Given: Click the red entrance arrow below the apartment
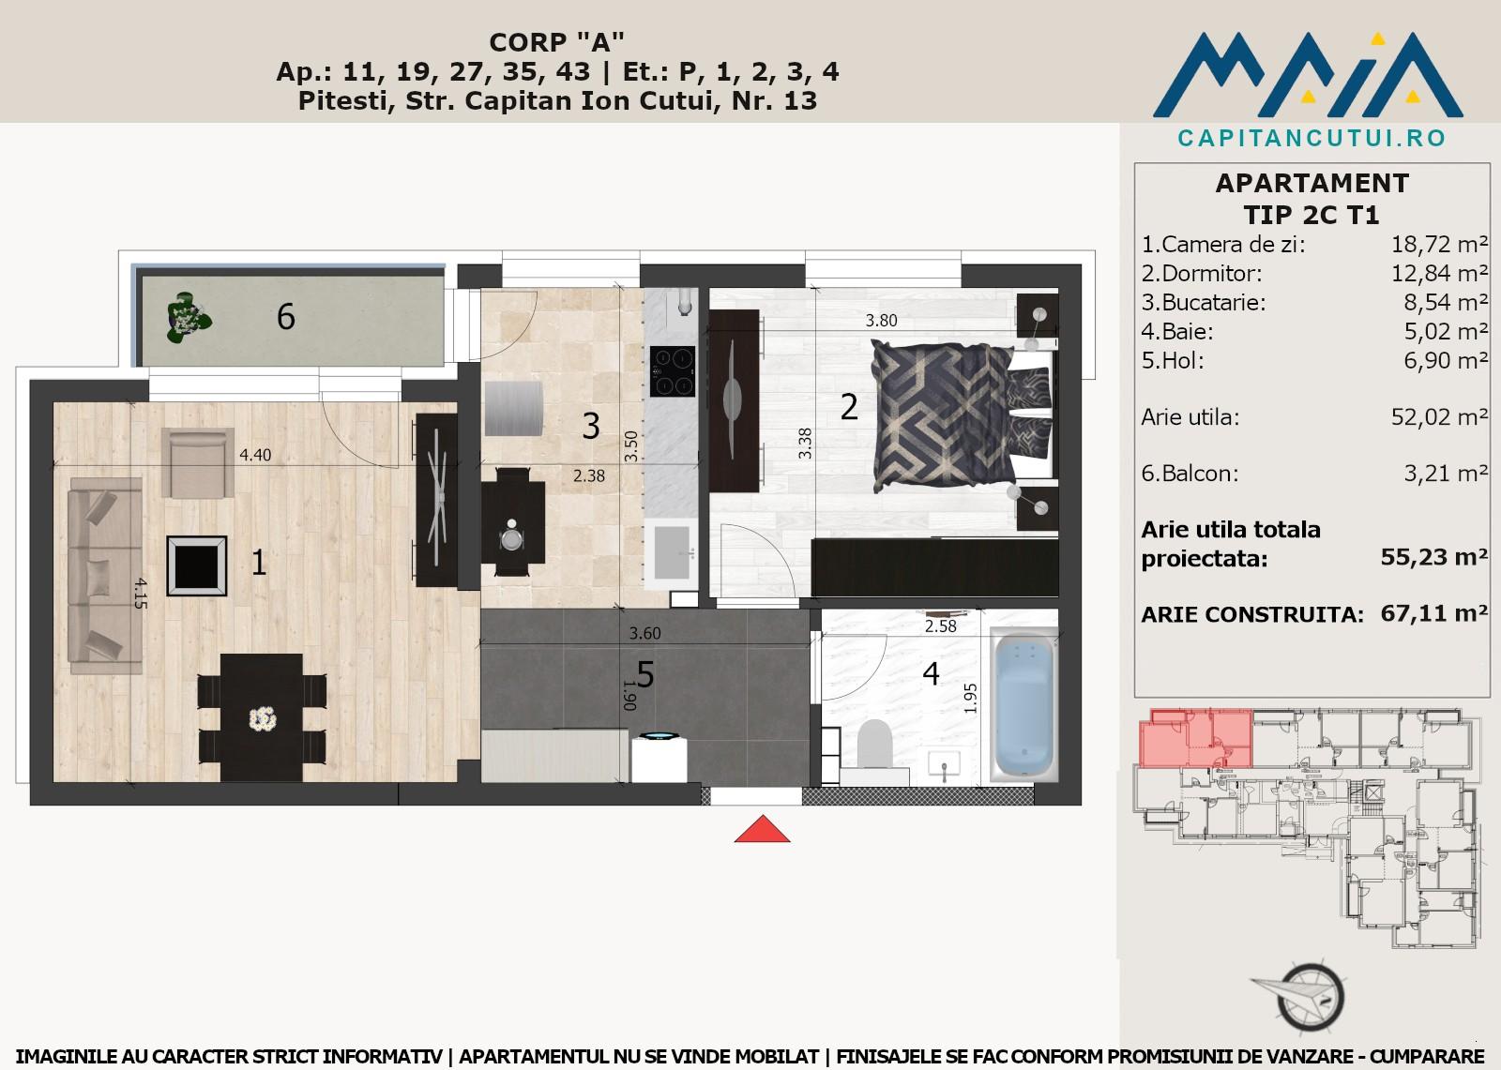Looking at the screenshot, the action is [762, 829].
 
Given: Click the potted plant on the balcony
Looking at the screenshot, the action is [189, 318].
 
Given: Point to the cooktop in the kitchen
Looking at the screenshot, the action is [672, 372].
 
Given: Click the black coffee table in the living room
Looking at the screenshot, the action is [197, 565].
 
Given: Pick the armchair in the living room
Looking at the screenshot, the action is [198, 462].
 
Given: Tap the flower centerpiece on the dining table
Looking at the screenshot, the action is [263, 719].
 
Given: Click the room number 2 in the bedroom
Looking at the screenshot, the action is [849, 407].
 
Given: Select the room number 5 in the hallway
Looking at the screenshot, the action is [644, 674].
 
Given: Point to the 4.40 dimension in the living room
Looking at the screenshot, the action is [255, 455].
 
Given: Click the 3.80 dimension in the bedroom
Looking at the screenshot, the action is [881, 321].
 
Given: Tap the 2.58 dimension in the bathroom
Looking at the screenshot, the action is [941, 626].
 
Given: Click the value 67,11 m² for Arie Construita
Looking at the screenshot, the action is [1434, 613].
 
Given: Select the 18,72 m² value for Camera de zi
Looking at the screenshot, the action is [1439, 245].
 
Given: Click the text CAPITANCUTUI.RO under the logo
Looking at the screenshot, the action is [1312, 138].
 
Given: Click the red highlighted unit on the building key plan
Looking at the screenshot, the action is [1195, 738].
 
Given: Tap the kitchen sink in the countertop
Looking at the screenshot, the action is [672, 552].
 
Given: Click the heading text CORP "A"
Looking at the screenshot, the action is [557, 42].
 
